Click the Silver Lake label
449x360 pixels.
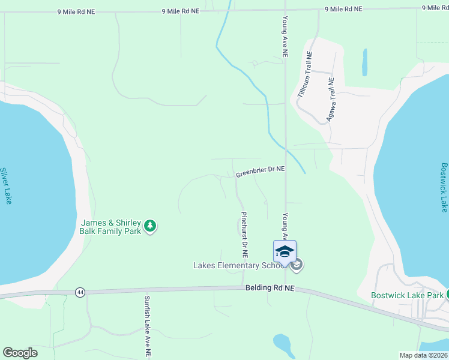[6, 185]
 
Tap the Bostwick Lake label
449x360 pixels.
[444, 187]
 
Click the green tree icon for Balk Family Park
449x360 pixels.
[150, 226]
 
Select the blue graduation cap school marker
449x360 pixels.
[285, 251]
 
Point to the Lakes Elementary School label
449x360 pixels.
[235, 265]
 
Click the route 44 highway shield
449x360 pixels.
[80, 292]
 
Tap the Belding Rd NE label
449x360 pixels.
[270, 288]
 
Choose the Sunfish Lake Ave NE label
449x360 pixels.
[147, 326]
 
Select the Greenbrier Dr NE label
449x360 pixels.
[260, 172]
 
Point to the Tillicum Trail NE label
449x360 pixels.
[306, 74]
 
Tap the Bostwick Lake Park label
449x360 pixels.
[407, 295]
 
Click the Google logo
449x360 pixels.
[20, 353]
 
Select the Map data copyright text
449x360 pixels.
[423, 355]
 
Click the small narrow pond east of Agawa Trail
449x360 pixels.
[364, 62]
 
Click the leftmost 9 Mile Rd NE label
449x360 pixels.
[77, 11]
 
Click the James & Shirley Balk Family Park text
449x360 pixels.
[110, 227]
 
